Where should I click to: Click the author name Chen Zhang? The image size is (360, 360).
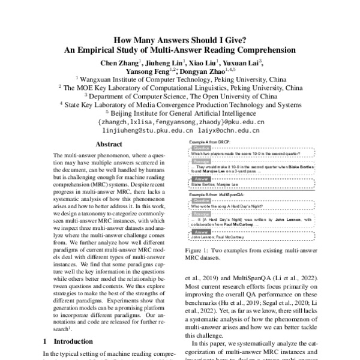[119, 62]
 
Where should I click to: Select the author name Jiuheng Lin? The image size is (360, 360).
[163, 62]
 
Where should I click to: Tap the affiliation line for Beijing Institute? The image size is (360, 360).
[179, 112]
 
